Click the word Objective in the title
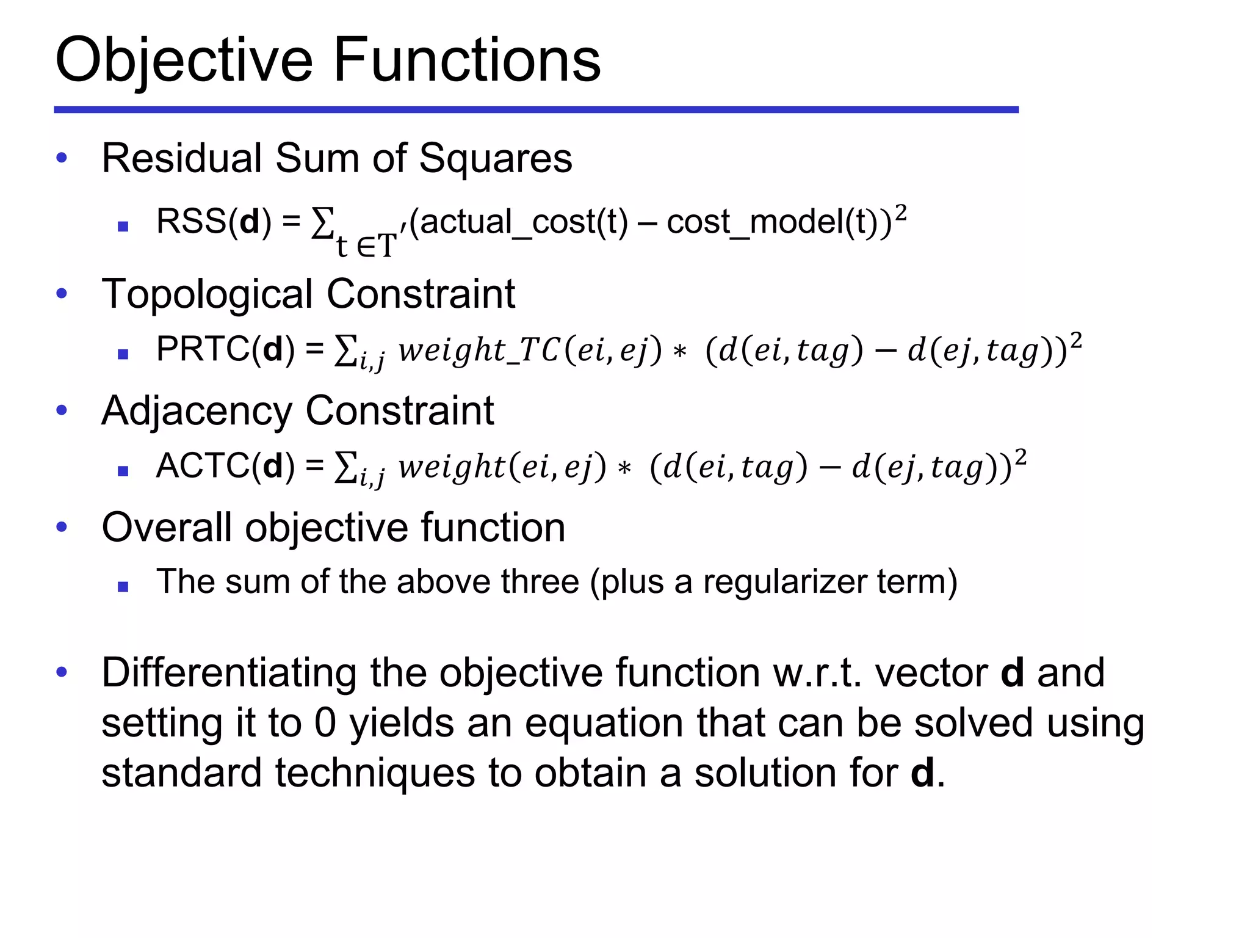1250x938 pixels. (183, 60)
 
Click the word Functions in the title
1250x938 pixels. (467, 60)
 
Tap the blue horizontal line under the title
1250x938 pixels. (536, 110)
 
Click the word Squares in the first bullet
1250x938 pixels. (496, 158)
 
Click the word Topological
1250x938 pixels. (208, 294)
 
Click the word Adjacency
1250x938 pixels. (197, 410)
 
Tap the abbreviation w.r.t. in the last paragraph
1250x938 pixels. (817, 672)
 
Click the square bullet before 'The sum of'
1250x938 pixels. (123, 587)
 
